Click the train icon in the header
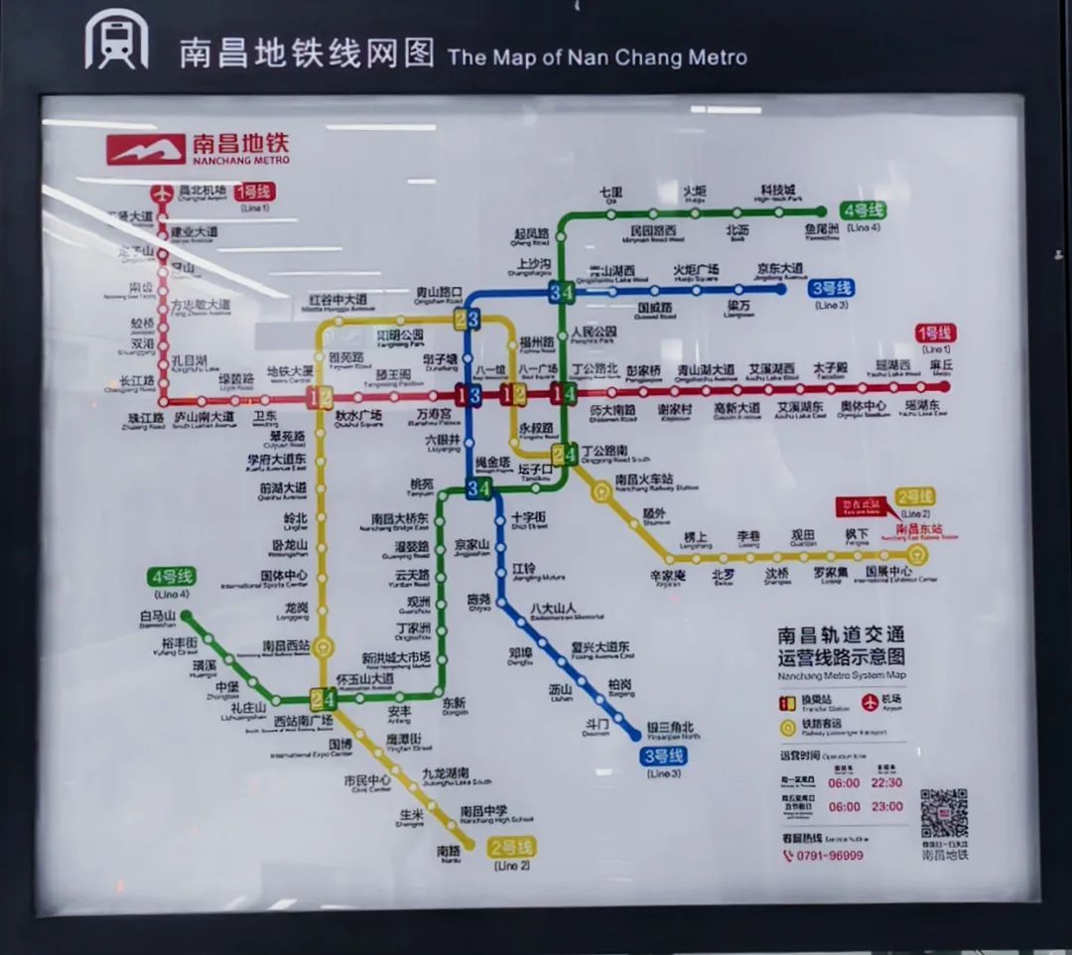(x=116, y=43)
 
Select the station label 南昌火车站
(x=644, y=478)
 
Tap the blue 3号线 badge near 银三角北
(x=664, y=756)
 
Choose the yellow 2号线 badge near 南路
(x=511, y=847)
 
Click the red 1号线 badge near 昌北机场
(x=252, y=191)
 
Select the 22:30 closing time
(x=887, y=782)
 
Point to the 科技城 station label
(x=777, y=191)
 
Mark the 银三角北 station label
(x=671, y=726)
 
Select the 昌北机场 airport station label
(x=202, y=190)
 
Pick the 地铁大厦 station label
(x=290, y=371)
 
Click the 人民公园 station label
(x=595, y=331)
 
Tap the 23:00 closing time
(x=887, y=806)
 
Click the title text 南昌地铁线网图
(x=307, y=53)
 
